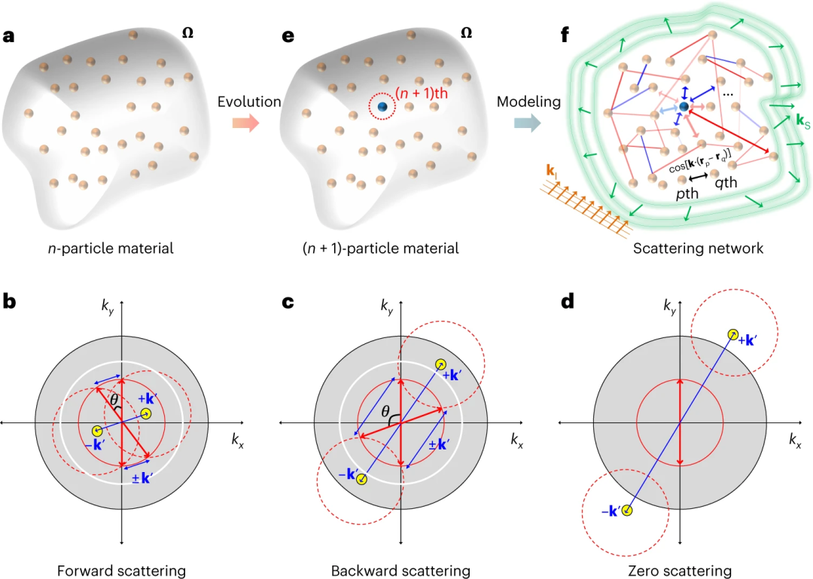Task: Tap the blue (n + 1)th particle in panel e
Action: (382, 108)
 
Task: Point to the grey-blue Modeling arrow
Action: (531, 121)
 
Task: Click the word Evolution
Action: (248, 102)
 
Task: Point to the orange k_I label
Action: (551, 175)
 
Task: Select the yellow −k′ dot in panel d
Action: (626, 511)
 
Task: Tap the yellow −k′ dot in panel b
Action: (96, 431)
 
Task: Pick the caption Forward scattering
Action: (120, 570)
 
